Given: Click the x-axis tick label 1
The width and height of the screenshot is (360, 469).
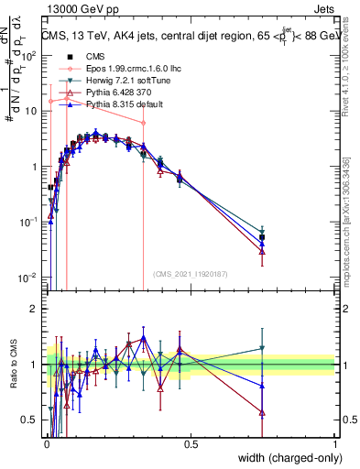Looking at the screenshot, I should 334,444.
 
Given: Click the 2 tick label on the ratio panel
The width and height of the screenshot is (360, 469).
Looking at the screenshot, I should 33,308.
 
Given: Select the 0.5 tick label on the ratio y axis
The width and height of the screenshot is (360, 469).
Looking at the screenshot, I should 29,420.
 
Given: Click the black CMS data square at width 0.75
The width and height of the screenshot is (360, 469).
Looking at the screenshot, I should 262,237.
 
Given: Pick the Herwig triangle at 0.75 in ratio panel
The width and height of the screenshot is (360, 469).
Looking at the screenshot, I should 262,348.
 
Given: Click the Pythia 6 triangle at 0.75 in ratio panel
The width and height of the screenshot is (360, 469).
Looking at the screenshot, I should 262,413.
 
